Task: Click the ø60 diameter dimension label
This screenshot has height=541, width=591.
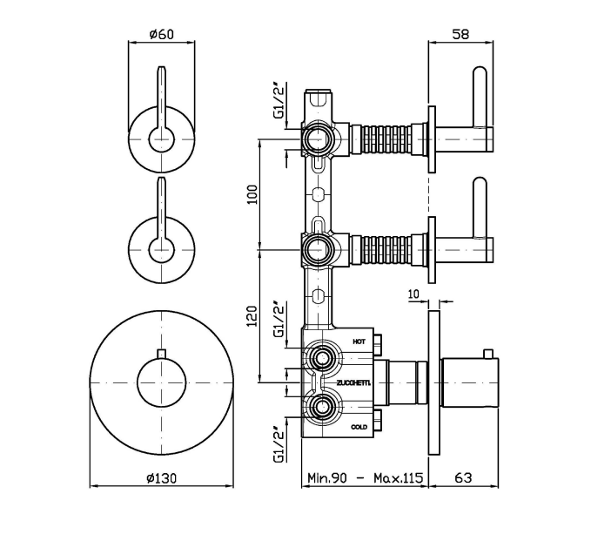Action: (162, 34)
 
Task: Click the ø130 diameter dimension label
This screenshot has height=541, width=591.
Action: (163, 478)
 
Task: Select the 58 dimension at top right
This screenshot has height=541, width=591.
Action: (462, 34)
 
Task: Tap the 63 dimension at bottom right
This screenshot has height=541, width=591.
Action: (463, 478)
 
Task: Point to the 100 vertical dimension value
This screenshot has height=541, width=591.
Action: (253, 193)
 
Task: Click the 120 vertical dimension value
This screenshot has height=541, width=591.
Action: (253, 315)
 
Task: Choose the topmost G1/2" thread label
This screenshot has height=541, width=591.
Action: (279, 100)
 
